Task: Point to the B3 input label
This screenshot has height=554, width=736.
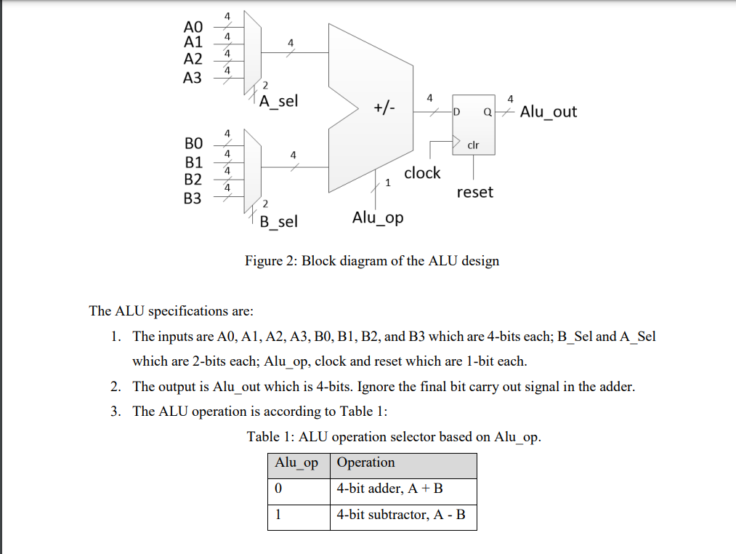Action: point(193,197)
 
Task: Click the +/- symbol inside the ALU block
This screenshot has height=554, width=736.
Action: point(384,109)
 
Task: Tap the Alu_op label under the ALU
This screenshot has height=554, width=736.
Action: point(378,217)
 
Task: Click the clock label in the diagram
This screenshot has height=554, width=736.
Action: point(422,173)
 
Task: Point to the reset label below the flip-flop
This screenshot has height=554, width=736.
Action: point(474,192)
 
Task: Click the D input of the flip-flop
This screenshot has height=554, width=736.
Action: point(457,113)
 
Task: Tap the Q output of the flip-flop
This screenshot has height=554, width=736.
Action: point(487,113)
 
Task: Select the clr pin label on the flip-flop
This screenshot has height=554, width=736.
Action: point(473,145)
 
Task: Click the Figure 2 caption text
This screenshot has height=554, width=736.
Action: point(371,260)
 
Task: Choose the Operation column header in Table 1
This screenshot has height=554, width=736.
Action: point(366,463)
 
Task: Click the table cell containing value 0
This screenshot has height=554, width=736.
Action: point(279,489)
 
